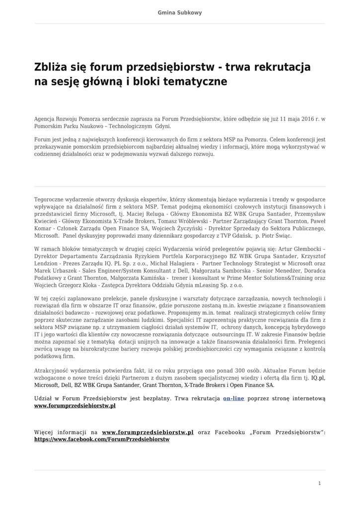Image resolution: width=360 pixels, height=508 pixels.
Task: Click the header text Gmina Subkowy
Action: (180, 13)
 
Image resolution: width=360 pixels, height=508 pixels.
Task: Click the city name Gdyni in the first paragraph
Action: (136, 127)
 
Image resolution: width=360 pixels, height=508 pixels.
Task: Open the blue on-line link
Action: (233, 398)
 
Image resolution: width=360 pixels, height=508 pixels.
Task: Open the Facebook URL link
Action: (102, 440)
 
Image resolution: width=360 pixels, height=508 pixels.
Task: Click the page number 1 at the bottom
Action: (319, 483)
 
